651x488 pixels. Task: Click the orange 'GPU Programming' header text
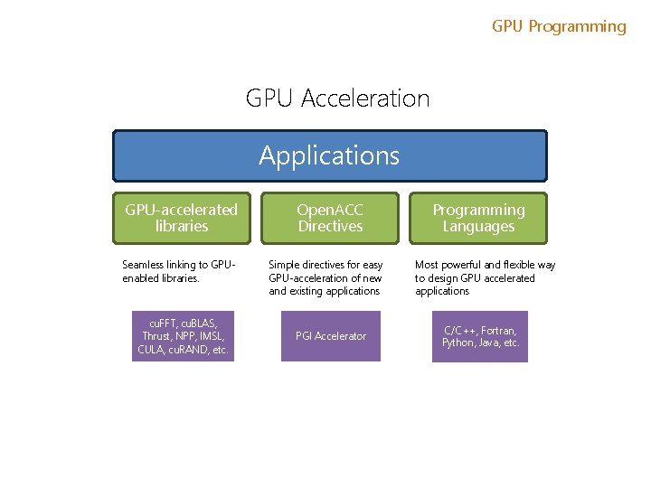click(x=559, y=26)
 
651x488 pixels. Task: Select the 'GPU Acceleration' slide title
click(x=337, y=98)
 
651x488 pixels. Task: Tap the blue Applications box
click(x=329, y=155)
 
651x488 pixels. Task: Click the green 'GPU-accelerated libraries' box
click(x=181, y=218)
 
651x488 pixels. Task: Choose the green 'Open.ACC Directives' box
click(x=330, y=218)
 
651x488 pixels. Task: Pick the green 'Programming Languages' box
click(x=478, y=218)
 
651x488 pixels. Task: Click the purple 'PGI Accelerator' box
click(x=331, y=336)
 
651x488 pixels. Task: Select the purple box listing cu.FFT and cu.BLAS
click(x=183, y=336)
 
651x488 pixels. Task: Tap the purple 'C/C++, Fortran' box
click(x=480, y=336)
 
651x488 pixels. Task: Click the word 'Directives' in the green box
click(x=330, y=227)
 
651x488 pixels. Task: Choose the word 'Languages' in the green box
click(x=478, y=227)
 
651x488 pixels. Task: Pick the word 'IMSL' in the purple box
click(x=212, y=336)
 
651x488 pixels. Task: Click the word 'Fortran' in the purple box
click(x=502, y=331)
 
